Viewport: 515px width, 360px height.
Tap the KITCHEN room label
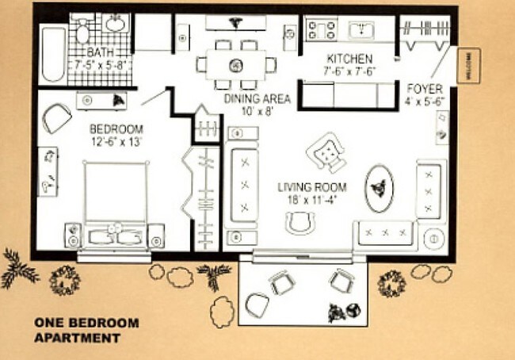point(349,59)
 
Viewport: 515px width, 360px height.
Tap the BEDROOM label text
point(116,129)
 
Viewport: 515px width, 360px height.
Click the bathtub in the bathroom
point(52,55)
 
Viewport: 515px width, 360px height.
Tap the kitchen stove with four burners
point(322,31)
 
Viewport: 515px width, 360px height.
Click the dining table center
point(235,64)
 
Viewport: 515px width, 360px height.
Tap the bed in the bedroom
point(116,202)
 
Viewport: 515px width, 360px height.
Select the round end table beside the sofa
point(434,236)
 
